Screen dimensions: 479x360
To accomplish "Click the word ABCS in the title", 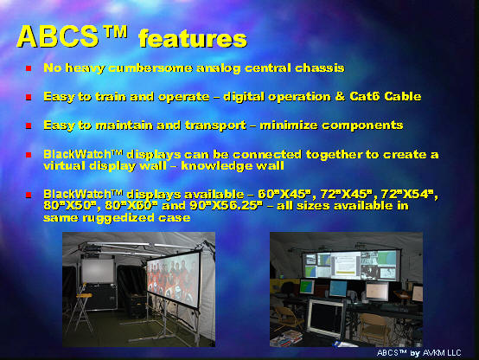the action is pyautogui.click(x=58, y=36).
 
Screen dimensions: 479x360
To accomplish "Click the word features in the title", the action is pyautogui.click(x=193, y=39).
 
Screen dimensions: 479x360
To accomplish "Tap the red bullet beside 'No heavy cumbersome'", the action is pyautogui.click(x=29, y=68).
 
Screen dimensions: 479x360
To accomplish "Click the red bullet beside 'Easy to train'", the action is pyautogui.click(x=29, y=97).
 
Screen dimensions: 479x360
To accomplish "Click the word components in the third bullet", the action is pyautogui.click(x=362, y=125).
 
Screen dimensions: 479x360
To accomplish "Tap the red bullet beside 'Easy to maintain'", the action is pyautogui.click(x=29, y=125).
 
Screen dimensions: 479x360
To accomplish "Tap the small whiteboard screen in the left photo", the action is pyautogui.click(x=98, y=270).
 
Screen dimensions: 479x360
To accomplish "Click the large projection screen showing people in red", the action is pyautogui.click(x=174, y=279).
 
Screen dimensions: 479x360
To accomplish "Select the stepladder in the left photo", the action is pyautogui.click(x=80, y=309).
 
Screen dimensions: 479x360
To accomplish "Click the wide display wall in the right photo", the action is pyautogui.click(x=351, y=265).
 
